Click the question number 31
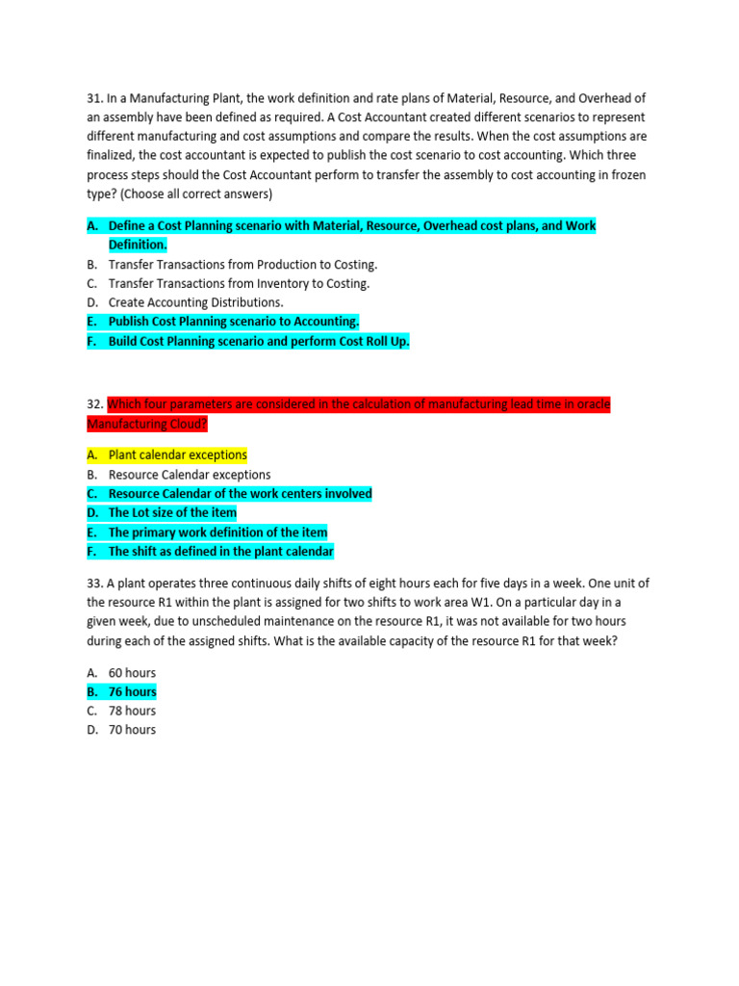click(x=95, y=98)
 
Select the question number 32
click(x=95, y=404)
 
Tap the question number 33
click(x=95, y=584)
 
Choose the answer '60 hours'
click(x=132, y=673)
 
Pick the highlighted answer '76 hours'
click(x=132, y=692)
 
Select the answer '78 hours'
click(x=132, y=711)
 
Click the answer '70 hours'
click(x=132, y=730)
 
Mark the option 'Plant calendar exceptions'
click(x=177, y=455)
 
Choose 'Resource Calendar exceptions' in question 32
click(x=190, y=475)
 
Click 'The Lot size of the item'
click(x=172, y=513)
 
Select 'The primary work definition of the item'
click(x=217, y=532)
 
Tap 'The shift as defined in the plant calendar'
click(x=220, y=552)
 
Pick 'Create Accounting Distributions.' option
click(x=195, y=302)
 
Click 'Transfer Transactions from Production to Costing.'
click(x=242, y=264)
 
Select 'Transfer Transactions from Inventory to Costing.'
click(x=239, y=283)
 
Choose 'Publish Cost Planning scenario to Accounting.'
click(x=234, y=322)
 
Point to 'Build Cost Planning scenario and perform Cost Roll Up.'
click(x=259, y=341)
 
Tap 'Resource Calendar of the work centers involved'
click(x=240, y=494)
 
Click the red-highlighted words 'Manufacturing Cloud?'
click(x=146, y=425)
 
